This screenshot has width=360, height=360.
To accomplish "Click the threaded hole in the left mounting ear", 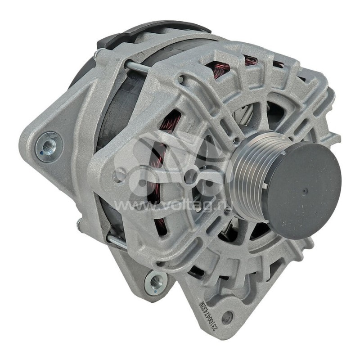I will click(49, 145).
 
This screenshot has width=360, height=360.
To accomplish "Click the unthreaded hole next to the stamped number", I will click(228, 318).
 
